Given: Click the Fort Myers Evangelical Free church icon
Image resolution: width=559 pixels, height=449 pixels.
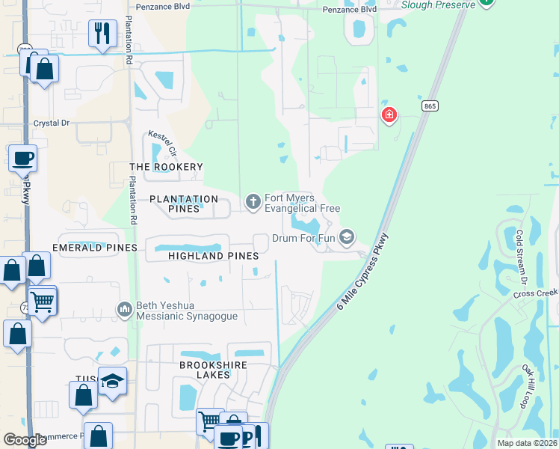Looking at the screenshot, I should [x=253, y=201].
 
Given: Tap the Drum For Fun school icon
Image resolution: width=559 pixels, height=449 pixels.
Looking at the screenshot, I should [x=346, y=238].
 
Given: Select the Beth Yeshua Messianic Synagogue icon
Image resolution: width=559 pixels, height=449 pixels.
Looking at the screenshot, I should [x=124, y=308].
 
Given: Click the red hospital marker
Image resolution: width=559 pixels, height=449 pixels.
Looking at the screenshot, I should [x=389, y=115].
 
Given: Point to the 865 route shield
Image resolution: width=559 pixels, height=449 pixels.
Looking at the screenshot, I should [x=429, y=106].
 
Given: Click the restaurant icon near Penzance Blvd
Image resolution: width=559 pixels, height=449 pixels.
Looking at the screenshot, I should [x=102, y=33].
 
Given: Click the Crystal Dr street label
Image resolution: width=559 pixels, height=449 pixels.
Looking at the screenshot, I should [x=51, y=123].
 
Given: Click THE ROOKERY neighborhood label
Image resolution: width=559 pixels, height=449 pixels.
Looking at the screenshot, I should [x=166, y=167].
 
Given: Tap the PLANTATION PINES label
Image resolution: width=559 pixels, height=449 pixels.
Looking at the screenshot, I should [x=183, y=204].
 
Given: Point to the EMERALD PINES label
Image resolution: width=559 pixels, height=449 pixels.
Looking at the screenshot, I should [x=95, y=248].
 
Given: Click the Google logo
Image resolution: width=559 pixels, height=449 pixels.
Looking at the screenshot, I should [x=25, y=440].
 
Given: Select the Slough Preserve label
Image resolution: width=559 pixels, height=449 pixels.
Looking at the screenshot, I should [x=438, y=4].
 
